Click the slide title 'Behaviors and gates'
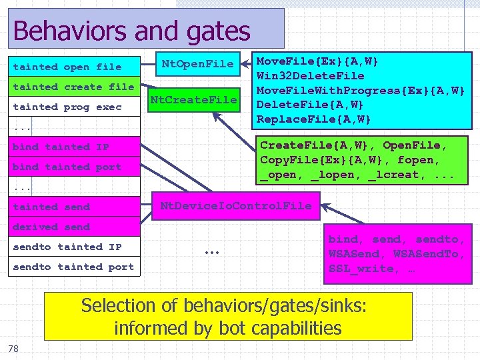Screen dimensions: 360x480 coord(131,31)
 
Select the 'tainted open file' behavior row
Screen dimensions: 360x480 coord(67,67)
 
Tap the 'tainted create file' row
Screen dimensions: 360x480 coord(73,87)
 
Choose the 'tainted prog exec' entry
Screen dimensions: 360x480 coord(67,107)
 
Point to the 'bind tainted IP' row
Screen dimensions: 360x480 coord(61,147)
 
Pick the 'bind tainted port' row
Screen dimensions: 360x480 coord(67,167)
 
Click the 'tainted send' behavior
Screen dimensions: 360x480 coord(51,207)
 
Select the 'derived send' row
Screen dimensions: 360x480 coord(51,227)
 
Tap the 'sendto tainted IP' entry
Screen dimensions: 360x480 coord(67,247)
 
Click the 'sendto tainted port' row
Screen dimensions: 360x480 coord(73,267)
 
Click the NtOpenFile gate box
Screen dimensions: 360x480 coord(198,65)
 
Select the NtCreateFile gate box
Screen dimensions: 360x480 coord(193,100)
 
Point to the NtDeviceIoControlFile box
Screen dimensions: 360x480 coord(236,206)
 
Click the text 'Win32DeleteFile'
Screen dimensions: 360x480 coord(311,75)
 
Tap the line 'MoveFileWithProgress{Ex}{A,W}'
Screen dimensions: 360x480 coord(361,90)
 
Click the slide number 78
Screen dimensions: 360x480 coord(13,349)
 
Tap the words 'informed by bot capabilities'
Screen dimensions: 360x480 coord(227,328)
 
